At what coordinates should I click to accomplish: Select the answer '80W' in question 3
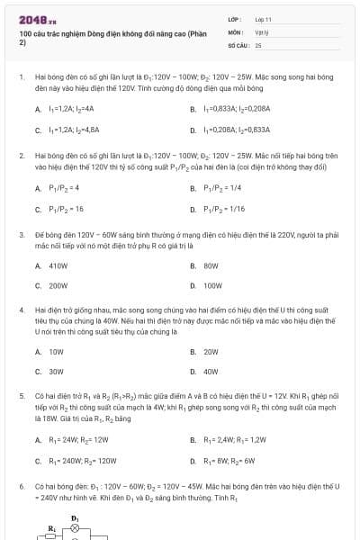(x=211, y=266)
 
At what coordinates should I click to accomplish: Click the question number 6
(x=21, y=486)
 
